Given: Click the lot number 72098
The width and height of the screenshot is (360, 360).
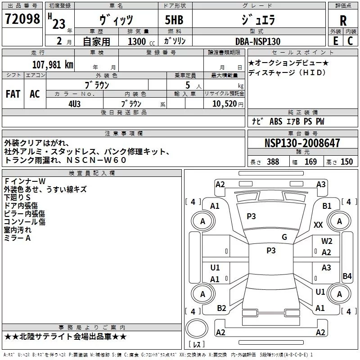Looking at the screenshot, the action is click(x=23, y=18).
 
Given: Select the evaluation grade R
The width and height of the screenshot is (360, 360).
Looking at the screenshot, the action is click(x=343, y=21).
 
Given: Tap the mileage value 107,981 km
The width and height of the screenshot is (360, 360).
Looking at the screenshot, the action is click(x=53, y=64).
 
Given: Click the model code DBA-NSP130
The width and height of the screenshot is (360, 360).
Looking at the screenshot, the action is click(x=258, y=41).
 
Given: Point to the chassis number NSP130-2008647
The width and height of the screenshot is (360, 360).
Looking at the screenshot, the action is click(x=302, y=144).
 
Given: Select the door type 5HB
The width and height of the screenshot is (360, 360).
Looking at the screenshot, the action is click(x=175, y=21).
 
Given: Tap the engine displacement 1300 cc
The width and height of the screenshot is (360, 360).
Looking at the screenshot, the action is click(x=138, y=41).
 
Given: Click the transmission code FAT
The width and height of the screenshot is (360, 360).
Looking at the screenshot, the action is click(x=13, y=94).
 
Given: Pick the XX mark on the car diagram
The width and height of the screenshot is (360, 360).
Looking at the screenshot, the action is click(x=318, y=225).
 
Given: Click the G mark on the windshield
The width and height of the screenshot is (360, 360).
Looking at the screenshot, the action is click(x=284, y=237).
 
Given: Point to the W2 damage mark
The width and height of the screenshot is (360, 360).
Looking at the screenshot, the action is click(x=327, y=241).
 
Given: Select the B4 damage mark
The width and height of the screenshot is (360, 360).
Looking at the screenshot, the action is click(x=347, y=276).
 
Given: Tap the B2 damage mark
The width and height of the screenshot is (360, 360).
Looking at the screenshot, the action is click(x=221, y=308).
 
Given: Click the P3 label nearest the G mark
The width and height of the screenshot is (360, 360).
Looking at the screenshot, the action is click(x=271, y=251).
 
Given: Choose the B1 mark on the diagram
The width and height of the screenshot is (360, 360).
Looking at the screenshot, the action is click(x=327, y=206).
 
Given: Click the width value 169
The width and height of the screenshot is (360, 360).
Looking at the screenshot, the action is click(x=310, y=162).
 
